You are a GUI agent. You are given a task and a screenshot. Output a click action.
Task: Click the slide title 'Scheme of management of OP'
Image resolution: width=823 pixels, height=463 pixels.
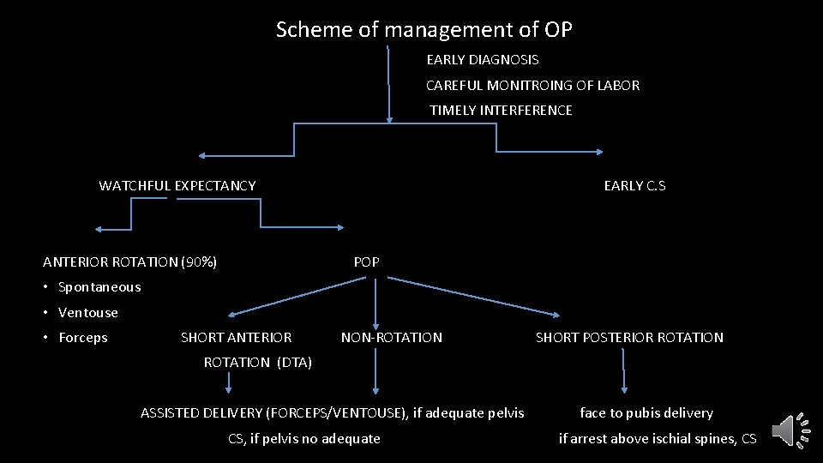tap(424, 30)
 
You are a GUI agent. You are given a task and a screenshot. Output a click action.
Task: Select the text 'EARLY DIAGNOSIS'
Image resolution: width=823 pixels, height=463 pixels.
tap(483, 60)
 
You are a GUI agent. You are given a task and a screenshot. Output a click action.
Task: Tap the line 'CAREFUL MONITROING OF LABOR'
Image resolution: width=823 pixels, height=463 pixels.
tap(532, 86)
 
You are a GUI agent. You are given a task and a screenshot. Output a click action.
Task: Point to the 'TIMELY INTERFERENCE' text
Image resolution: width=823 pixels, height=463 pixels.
tap(501, 111)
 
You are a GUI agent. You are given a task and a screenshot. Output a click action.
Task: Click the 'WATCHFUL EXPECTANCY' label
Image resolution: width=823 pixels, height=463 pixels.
tap(177, 186)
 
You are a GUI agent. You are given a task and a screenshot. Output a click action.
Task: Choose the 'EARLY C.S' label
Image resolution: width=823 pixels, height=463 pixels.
tap(634, 186)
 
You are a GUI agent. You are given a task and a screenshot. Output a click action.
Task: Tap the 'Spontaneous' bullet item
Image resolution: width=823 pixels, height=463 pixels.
tap(99, 287)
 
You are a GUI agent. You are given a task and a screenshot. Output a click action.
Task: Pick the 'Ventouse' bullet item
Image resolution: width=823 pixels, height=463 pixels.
tap(87, 313)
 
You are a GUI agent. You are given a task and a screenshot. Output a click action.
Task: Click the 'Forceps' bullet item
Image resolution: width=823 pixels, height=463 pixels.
tap(82, 338)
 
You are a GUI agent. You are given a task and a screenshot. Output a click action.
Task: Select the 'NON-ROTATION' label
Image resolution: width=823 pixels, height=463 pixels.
tap(392, 338)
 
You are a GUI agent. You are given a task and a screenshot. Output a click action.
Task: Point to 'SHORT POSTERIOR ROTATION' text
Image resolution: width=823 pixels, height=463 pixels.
tap(629, 338)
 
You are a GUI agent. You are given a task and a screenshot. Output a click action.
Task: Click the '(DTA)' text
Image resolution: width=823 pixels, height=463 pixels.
tap(294, 363)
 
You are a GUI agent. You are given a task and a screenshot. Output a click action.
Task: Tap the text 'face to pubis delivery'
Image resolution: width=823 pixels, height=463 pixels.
tap(646, 413)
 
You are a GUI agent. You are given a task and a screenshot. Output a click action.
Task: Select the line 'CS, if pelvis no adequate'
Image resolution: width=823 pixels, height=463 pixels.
tap(303, 439)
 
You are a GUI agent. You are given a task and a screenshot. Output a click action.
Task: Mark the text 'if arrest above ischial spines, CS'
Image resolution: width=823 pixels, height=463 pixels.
tap(658, 439)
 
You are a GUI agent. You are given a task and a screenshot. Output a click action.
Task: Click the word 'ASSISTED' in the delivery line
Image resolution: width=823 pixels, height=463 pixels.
tap(171, 413)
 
